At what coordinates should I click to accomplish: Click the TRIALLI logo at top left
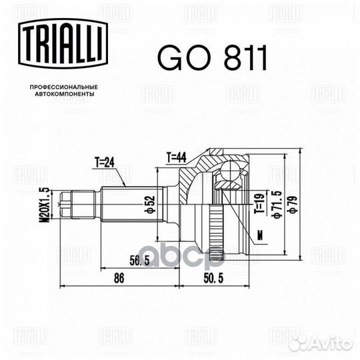[x=63, y=44]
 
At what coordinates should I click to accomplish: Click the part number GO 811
[x=213, y=57]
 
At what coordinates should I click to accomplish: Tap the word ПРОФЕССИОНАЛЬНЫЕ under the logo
[x=64, y=87]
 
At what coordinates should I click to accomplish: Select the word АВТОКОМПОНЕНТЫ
[x=65, y=94]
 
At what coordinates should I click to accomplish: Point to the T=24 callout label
[x=105, y=163]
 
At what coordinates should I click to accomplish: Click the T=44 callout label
[x=176, y=157]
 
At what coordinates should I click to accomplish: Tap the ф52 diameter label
[x=151, y=205]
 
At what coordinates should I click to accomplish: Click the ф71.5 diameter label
[x=277, y=205]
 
